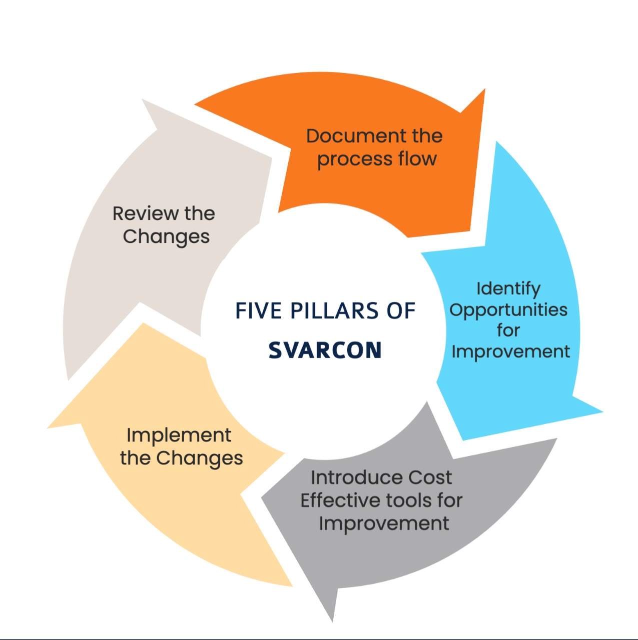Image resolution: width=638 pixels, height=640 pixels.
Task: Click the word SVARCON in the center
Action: [x=325, y=350]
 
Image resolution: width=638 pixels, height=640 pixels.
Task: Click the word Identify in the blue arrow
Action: [x=508, y=288]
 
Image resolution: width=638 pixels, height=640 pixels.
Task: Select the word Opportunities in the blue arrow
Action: [x=508, y=310]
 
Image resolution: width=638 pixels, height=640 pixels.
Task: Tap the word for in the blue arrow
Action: [x=508, y=330]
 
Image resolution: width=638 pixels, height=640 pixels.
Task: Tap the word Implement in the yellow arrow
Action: [x=179, y=435]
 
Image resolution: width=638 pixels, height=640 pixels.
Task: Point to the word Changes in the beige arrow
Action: [x=166, y=237]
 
